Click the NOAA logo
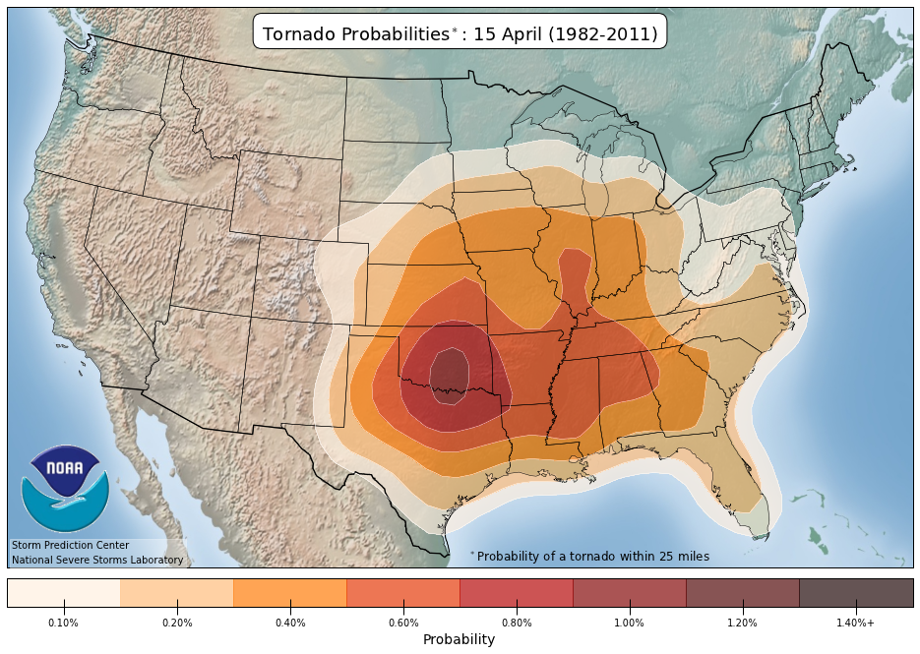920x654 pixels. pos(64,489)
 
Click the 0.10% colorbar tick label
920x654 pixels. pos(64,623)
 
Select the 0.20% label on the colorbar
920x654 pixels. pos(177,623)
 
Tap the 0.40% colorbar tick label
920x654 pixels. pos(290,623)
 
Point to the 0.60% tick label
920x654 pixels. pos(403,623)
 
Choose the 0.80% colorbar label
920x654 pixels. pos(517,623)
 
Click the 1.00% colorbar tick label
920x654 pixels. pos(630,623)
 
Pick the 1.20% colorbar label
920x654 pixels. pos(743,623)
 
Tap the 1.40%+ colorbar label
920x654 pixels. pos(856,623)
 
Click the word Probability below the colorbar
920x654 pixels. pos(459,640)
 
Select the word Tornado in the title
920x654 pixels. pos(299,34)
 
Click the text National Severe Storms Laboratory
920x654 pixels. pos(96,561)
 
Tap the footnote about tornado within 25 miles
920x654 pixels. pos(591,557)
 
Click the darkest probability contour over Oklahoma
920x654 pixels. pos(451,375)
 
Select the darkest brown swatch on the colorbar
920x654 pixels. pos(856,593)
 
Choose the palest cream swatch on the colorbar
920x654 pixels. pos(64,593)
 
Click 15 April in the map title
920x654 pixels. pos(505,34)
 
